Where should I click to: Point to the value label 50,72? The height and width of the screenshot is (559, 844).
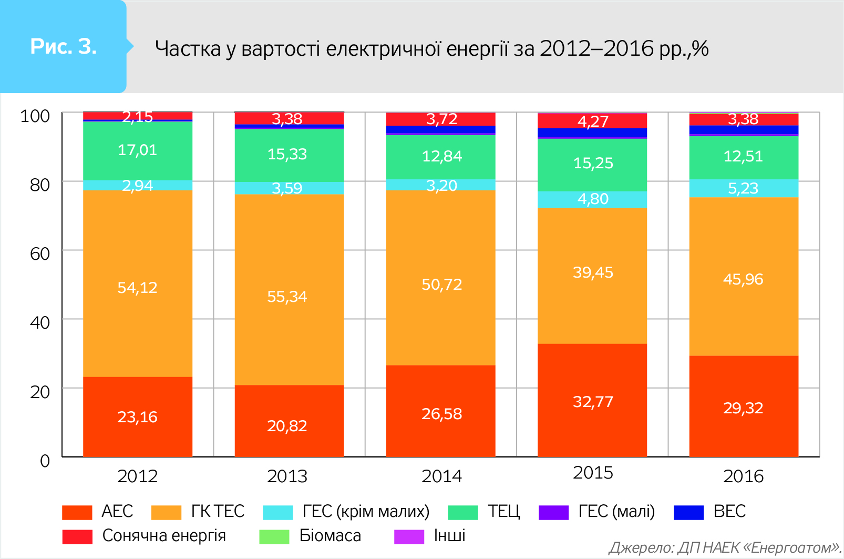tap(441, 284)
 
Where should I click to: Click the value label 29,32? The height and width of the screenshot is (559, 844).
tap(743, 408)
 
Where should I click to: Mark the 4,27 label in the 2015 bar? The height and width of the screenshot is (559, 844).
tap(593, 121)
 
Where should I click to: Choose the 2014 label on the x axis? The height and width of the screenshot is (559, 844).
tap(441, 476)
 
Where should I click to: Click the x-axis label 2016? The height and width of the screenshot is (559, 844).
tap(743, 476)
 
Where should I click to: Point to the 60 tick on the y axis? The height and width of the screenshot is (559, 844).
tap(40, 253)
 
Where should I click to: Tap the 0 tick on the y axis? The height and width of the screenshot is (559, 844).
tap(45, 461)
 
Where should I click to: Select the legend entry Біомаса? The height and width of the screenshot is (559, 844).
tap(330, 535)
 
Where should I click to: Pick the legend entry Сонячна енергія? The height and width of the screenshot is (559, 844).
tap(164, 535)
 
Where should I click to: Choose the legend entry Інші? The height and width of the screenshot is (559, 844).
tap(449, 535)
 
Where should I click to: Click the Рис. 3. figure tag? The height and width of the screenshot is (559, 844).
tap(63, 47)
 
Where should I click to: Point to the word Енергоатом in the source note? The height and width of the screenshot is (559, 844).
tap(794, 547)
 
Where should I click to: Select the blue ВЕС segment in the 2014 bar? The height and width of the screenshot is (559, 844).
tap(441, 130)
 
